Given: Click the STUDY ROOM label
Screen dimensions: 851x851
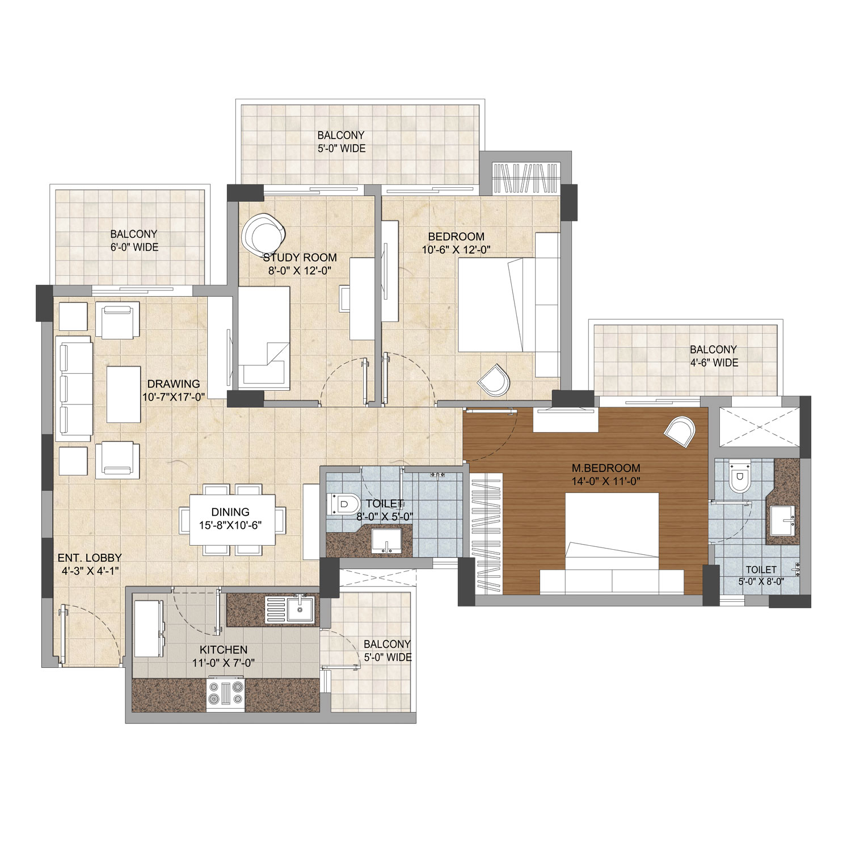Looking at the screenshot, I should coord(300,258).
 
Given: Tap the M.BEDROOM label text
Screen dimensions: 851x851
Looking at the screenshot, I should coord(606,469).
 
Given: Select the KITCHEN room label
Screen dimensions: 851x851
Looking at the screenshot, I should coord(223,650).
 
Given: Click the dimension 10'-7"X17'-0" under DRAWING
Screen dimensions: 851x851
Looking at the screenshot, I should coord(174,397).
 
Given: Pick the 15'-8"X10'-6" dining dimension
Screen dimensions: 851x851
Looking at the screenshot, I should coord(231,525).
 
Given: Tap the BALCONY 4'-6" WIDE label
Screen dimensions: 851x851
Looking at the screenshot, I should coord(713,356).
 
